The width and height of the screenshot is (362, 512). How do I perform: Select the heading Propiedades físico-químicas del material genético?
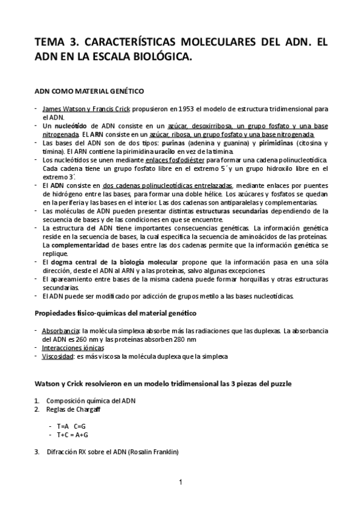[x=114, y=313]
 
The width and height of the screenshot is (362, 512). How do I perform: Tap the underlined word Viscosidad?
[x=57, y=356]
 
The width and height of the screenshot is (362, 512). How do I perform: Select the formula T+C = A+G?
[x=73, y=434]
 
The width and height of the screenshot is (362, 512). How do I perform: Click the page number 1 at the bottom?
[x=181, y=482]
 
